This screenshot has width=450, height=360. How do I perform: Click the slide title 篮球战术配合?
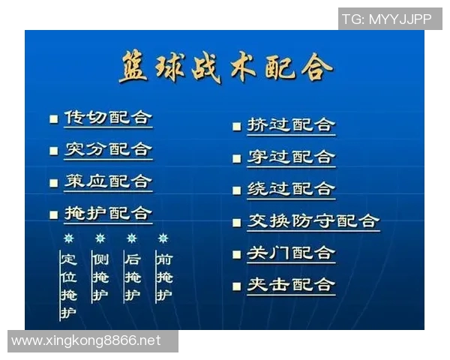[x=225, y=68]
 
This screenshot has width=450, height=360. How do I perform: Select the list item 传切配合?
[x=108, y=118]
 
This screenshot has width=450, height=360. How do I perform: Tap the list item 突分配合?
[x=108, y=149]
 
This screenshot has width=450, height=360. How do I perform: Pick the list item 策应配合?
[x=108, y=181]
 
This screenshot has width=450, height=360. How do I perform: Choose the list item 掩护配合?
[x=108, y=214]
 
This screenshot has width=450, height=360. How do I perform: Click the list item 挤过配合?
[x=291, y=125]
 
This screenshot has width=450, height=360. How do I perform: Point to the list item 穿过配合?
[x=291, y=157]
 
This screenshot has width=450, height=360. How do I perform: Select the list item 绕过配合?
[x=291, y=189]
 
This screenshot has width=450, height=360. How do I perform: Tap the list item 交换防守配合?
[x=313, y=221]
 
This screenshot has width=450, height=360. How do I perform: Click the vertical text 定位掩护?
[x=68, y=286]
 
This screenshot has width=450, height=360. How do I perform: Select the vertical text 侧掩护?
[x=100, y=277]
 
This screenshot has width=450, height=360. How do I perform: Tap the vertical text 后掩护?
[x=132, y=277]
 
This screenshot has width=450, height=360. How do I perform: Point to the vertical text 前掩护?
[x=163, y=277]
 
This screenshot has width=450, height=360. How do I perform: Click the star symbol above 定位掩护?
[x=68, y=238]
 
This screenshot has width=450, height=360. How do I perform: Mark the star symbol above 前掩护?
[x=163, y=238]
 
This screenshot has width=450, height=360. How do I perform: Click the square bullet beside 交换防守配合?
[x=236, y=222]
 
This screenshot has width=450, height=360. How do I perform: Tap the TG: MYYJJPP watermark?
[x=386, y=19]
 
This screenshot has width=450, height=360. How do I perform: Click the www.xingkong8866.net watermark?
[x=86, y=340]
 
